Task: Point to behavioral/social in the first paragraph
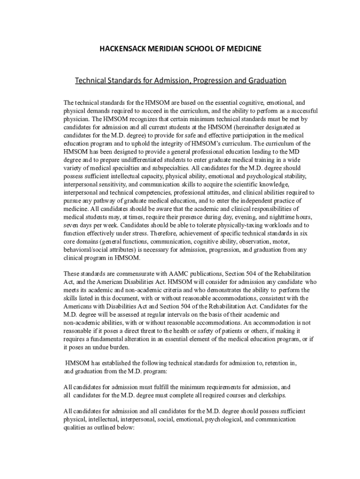(x=86, y=249)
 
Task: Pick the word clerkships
(x=270, y=395)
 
